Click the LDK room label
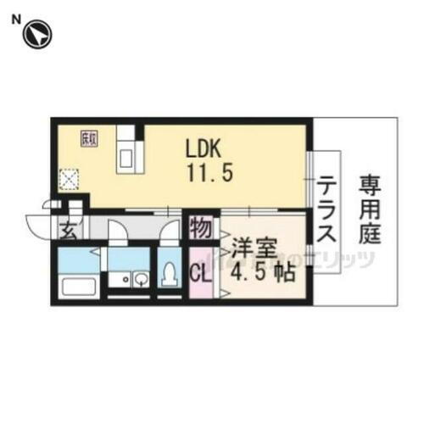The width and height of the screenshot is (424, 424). click(204, 148)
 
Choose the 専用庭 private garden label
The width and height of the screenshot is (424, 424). click(368, 209)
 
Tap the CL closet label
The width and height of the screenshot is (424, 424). click(201, 273)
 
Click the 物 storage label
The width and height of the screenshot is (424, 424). click(200, 228)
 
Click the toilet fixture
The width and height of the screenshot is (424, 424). click(170, 274)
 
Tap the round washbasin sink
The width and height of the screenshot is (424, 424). click(140, 279)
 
